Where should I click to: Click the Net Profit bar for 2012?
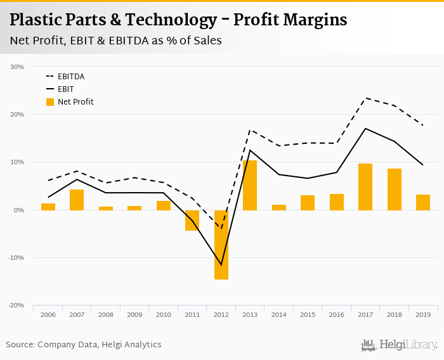pyautogui.click(x=221, y=245)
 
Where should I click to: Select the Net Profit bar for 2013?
pyautogui.click(x=250, y=185)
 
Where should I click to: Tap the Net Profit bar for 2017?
pyautogui.click(x=365, y=187)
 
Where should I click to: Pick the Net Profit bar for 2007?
pyautogui.click(x=77, y=200)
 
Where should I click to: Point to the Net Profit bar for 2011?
pyautogui.click(x=192, y=220)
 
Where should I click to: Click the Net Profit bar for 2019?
pyautogui.click(x=423, y=202)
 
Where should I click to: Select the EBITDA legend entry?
pyautogui.click(x=70, y=77)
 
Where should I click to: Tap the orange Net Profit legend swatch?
pyautogui.click(x=50, y=101)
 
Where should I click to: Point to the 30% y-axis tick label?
pyautogui.click(x=17, y=67)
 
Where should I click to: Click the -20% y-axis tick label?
pyautogui.click(x=16, y=305)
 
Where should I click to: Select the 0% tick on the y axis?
pyautogui.click(x=19, y=210)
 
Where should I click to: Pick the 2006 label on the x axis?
pyautogui.click(x=48, y=314)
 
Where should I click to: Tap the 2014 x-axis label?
pyautogui.click(x=279, y=314)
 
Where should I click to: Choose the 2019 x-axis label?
pyautogui.click(x=423, y=314)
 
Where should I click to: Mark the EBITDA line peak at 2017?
pyautogui.click(x=365, y=98)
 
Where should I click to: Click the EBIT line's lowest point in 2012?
pyautogui.click(x=221, y=264)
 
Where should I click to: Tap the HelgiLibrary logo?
pyautogui.click(x=400, y=345)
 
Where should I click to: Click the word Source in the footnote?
pyautogui.click(x=20, y=345)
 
